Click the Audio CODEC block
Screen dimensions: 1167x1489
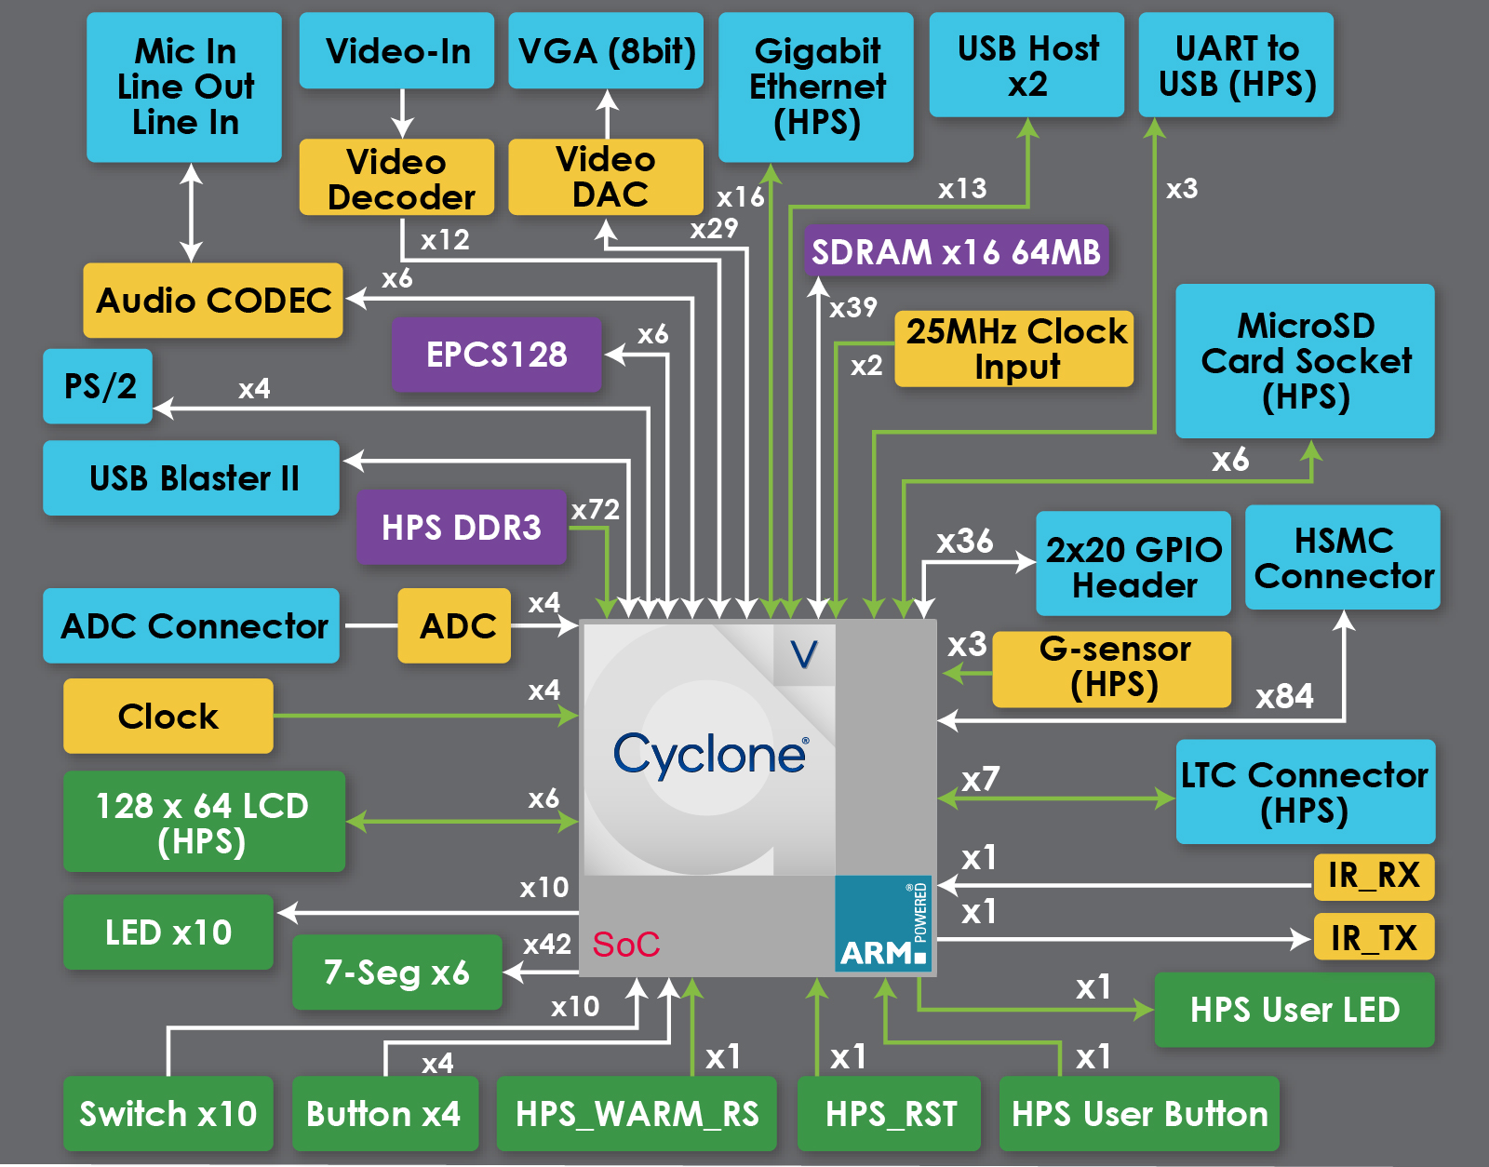pos(213,301)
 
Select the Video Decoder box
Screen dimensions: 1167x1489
pos(396,178)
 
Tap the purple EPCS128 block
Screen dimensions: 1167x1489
pos(497,355)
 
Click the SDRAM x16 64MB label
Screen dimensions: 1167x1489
pos(956,251)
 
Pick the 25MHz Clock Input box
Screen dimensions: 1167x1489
pos(1014,349)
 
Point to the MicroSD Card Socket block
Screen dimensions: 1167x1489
pos(1305,361)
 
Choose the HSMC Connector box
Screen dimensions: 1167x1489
pos(1343,557)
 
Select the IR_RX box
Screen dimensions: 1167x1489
pos(1374,876)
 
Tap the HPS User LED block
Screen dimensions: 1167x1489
pos(1294,1010)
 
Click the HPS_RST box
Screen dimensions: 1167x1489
pos(890,1114)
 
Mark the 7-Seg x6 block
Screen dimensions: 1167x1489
pos(397,972)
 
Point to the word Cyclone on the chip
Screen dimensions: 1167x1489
pos(710,754)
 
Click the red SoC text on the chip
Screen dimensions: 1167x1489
pos(626,945)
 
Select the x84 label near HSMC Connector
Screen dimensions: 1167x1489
pos(1284,696)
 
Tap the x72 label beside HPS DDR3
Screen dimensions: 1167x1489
pos(596,510)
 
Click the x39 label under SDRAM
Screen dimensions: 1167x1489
pos(853,307)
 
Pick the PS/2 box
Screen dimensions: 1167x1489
pos(99,386)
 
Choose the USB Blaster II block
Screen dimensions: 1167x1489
pos(192,478)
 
